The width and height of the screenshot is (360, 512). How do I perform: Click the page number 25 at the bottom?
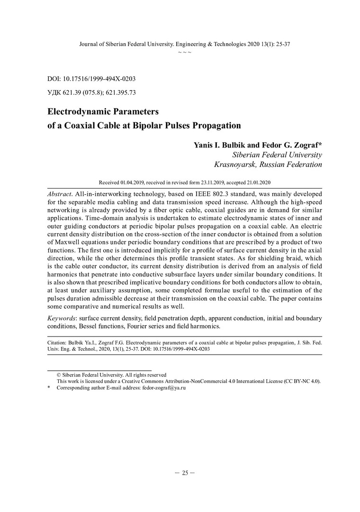pos(184,473)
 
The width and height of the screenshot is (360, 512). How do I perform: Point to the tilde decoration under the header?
pos(184,52)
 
